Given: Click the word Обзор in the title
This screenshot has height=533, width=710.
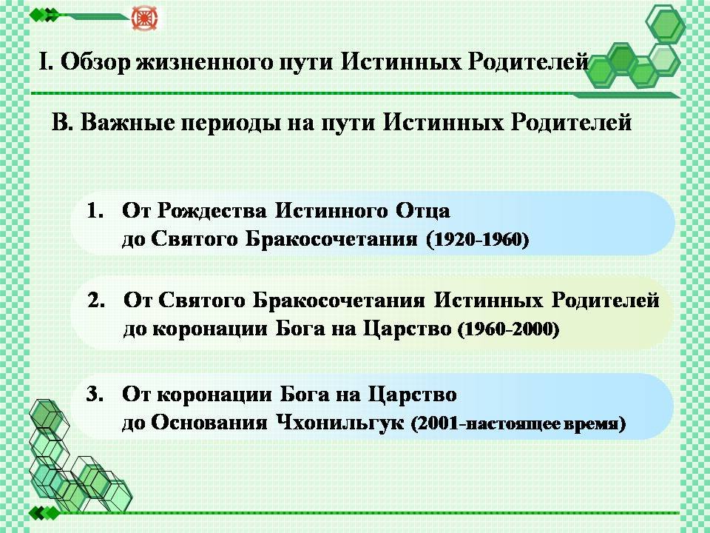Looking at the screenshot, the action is (95, 62).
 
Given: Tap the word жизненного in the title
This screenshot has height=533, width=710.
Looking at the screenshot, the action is (205, 62).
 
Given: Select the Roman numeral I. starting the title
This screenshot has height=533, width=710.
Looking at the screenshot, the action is (45, 61).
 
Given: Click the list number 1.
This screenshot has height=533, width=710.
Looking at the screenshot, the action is (95, 211).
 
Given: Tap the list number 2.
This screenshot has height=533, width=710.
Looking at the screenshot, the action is (96, 300).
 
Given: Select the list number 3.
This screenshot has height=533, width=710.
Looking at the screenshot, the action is (95, 394).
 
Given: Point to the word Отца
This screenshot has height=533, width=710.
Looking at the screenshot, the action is (423, 212).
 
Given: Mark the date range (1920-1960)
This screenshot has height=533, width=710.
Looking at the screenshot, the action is (478, 240).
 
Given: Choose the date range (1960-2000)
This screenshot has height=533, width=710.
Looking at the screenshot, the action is (509, 329).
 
